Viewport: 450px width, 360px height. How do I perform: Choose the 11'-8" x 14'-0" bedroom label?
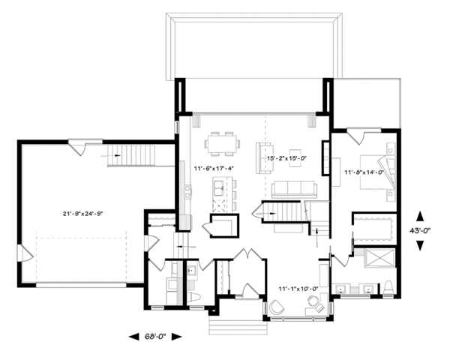[x=364, y=172]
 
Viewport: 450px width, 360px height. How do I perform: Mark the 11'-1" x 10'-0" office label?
[x=298, y=287]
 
